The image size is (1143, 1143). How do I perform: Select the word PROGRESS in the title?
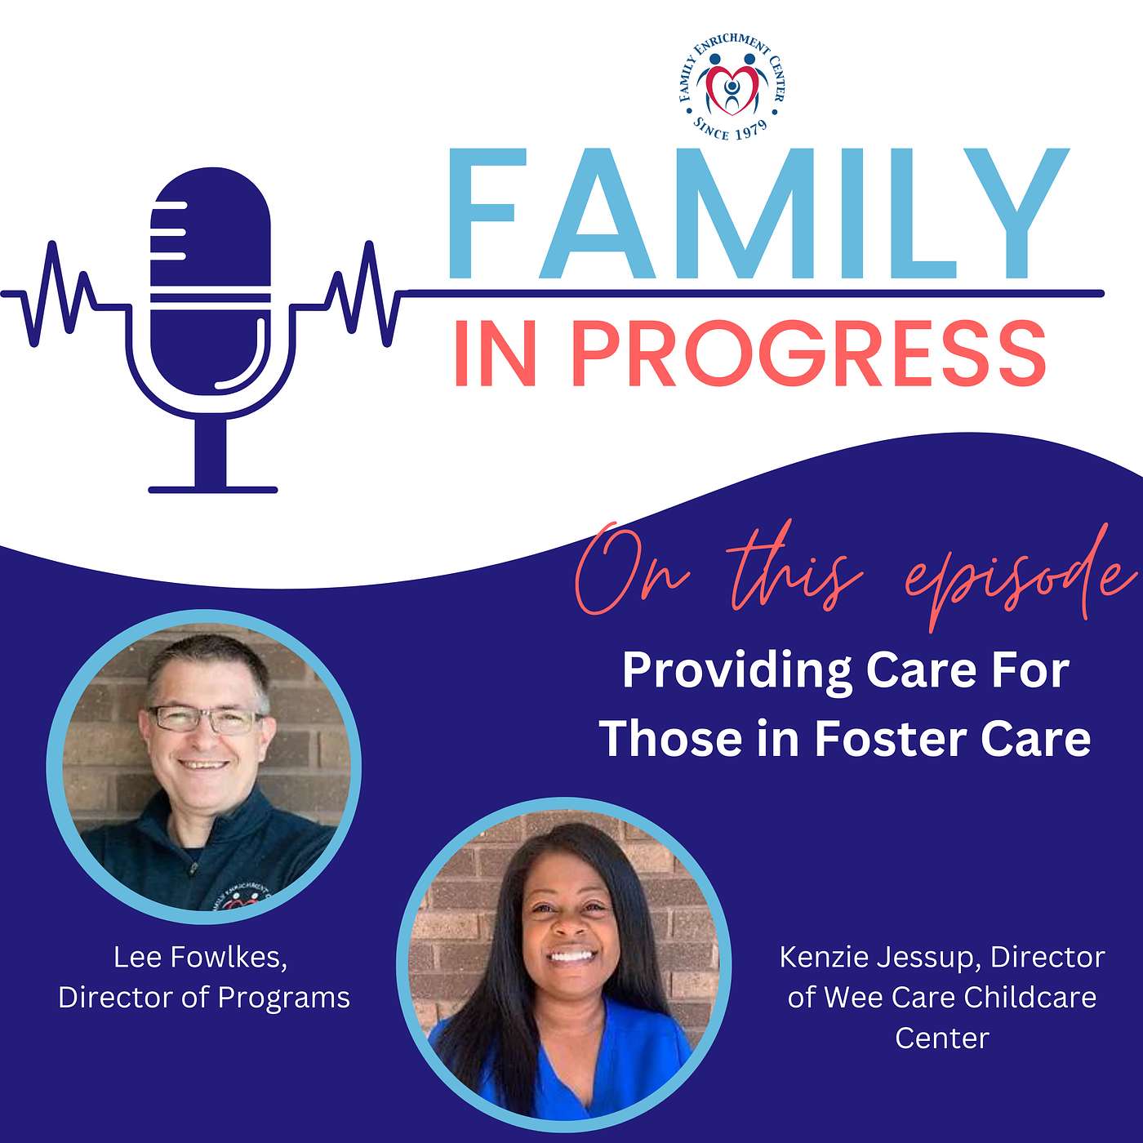click(808, 354)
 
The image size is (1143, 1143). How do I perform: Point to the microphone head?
click(211, 278)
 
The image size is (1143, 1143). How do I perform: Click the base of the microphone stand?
click(212, 490)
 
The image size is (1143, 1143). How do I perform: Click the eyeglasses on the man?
click(205, 719)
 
